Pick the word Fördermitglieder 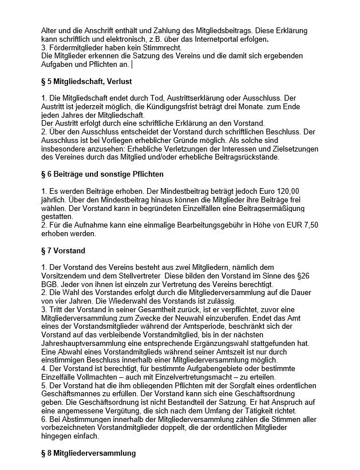click(x=76, y=49)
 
